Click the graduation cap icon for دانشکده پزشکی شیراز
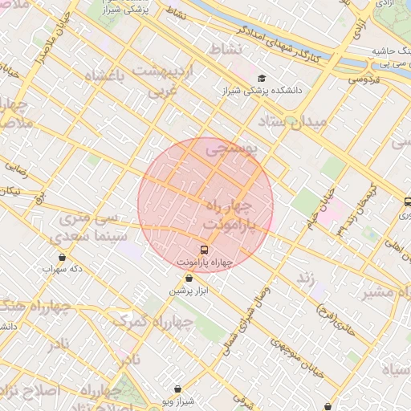click(x=262, y=79)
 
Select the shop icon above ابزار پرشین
click(x=189, y=279)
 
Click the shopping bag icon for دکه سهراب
click(x=63, y=257)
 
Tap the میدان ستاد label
click(x=292, y=121)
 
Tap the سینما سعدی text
click(x=83, y=238)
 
